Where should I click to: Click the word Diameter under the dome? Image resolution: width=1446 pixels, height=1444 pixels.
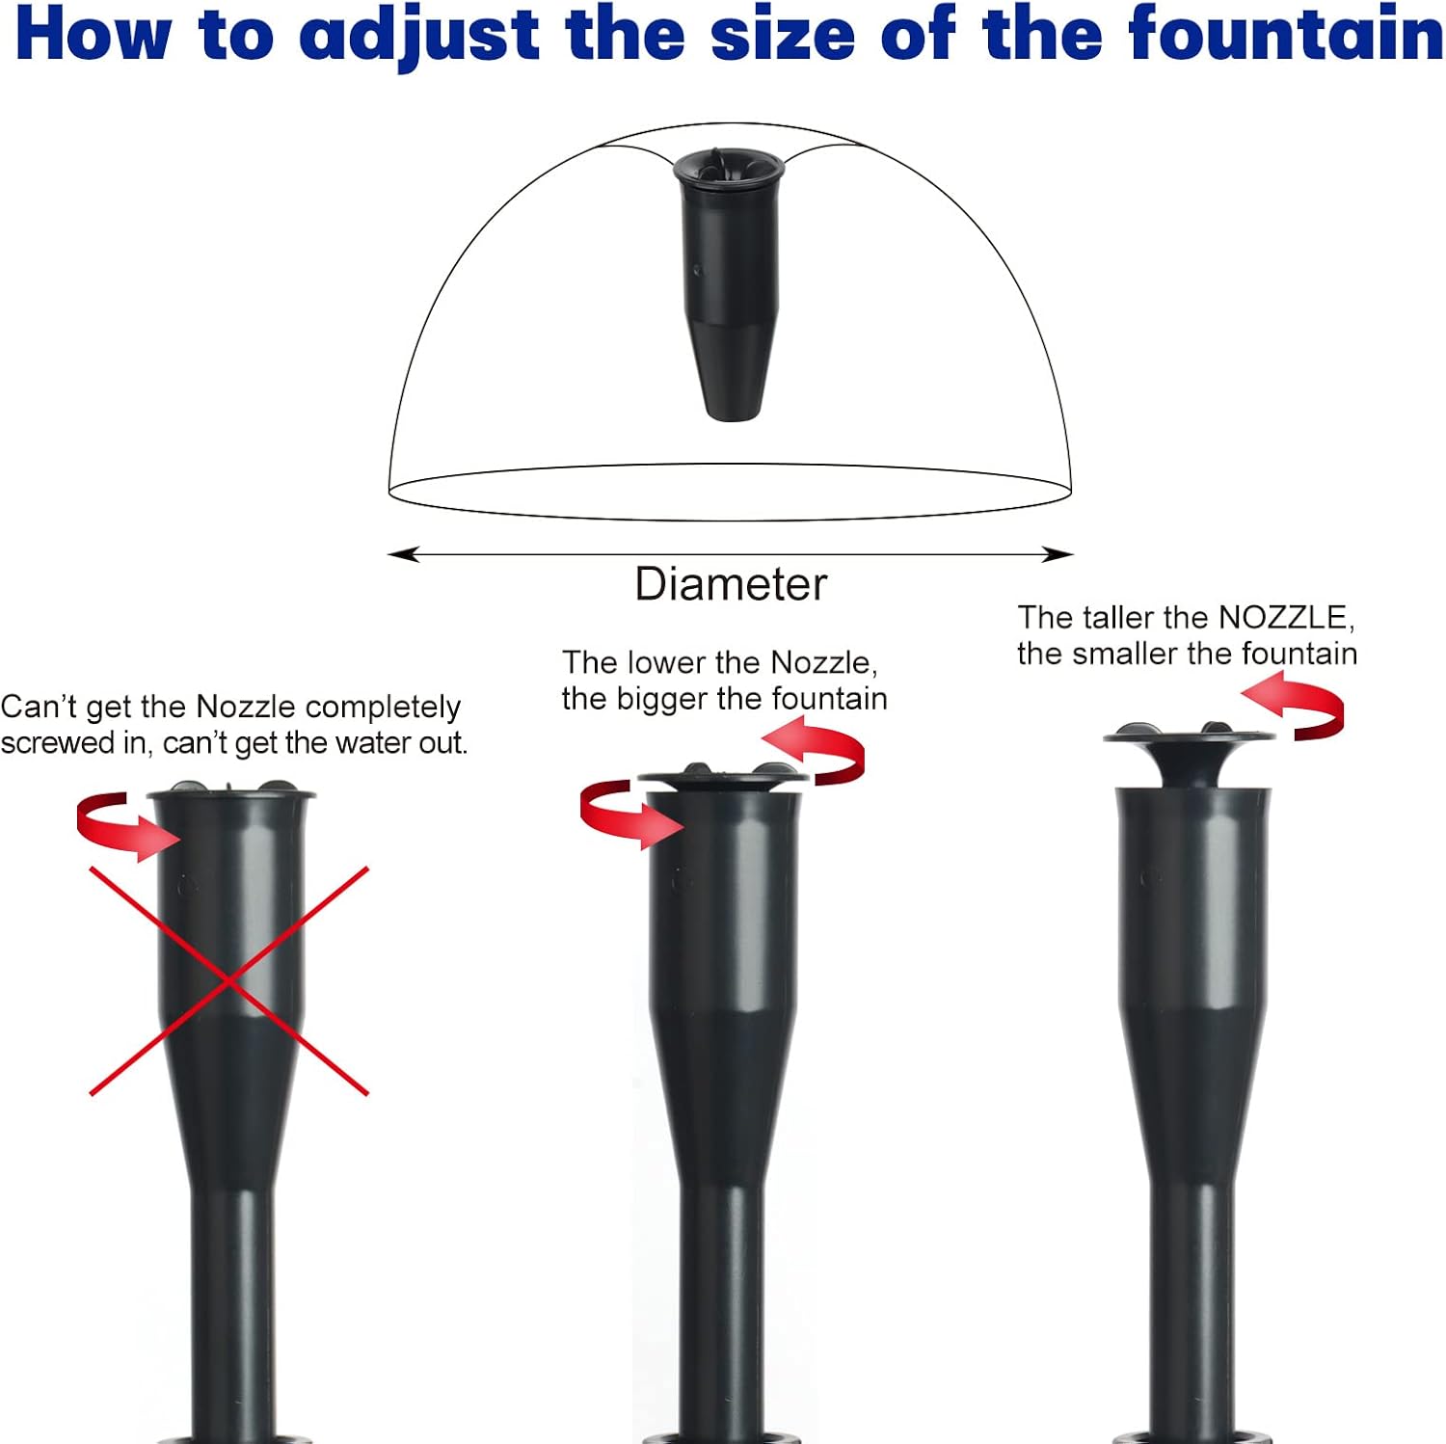pyautogui.click(x=731, y=584)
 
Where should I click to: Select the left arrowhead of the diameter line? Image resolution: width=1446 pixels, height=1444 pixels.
pyautogui.click(x=403, y=554)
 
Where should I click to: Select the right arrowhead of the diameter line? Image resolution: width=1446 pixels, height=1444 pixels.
pyautogui.click(x=1058, y=554)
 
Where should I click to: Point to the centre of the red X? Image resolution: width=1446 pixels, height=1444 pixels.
pyautogui.click(x=228, y=981)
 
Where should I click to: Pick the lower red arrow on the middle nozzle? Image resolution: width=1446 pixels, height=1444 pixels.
pyautogui.click(x=627, y=815)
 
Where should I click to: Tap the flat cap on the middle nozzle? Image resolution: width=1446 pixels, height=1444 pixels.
pyautogui.click(x=723, y=775)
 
